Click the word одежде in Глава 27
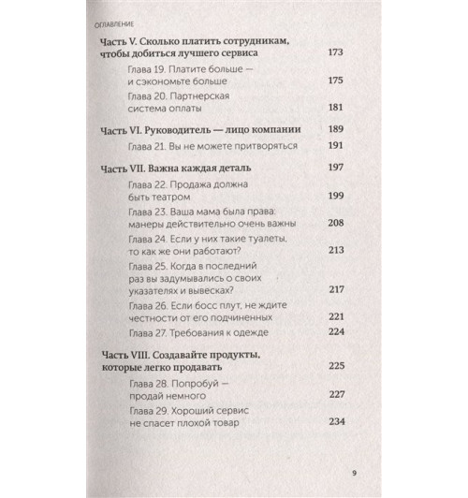(x=250, y=332)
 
